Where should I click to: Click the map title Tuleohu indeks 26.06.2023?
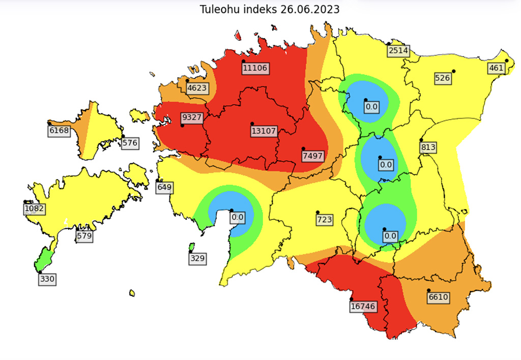click(269, 9)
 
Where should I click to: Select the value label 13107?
click(264, 131)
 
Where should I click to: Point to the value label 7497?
click(312, 156)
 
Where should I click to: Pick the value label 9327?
click(192, 117)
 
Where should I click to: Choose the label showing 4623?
click(197, 88)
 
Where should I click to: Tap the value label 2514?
click(398, 51)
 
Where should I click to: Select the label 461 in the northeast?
click(496, 68)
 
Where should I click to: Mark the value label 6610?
click(438, 297)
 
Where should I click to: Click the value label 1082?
click(35, 209)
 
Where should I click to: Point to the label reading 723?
click(325, 219)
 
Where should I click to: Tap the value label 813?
click(428, 148)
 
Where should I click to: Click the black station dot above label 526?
click(453, 71)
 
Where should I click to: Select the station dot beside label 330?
click(40, 272)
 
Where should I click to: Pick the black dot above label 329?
click(191, 251)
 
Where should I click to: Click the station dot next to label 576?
click(123, 136)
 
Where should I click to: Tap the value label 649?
click(165, 187)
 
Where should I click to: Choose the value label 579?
click(84, 236)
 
